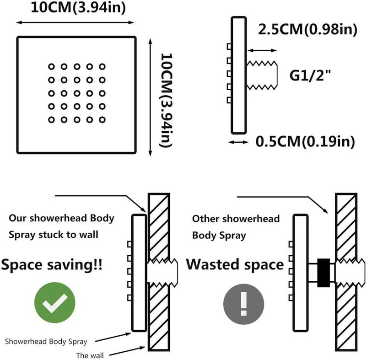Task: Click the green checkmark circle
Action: point(55,302)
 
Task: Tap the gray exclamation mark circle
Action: point(244,304)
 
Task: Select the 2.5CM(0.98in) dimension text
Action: point(307,29)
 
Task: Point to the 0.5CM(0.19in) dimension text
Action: point(305,141)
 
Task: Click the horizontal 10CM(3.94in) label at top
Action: point(78,7)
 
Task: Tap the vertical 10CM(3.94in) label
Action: point(166,100)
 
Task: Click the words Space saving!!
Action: point(52,265)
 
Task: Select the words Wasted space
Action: point(235,264)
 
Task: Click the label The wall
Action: point(90,355)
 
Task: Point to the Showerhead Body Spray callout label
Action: point(46,342)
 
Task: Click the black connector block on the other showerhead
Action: point(323,273)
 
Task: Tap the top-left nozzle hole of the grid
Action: point(51,67)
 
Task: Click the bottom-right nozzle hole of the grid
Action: point(102,120)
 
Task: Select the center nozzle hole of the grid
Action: point(77,93)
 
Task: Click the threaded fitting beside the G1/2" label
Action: point(262,75)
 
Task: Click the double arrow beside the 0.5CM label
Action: point(238,142)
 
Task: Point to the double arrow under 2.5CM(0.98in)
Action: point(262,50)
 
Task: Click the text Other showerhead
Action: point(236,219)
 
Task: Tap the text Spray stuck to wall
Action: point(54,235)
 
